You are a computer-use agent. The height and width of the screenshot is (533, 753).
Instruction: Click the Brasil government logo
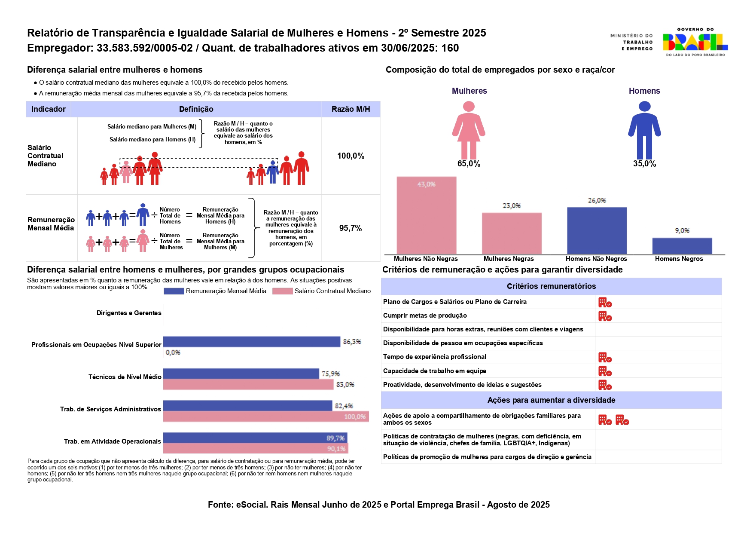click(695, 42)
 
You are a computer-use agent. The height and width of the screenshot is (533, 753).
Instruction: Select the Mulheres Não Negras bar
click(426, 215)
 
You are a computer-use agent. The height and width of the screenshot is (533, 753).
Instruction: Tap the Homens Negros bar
click(682, 246)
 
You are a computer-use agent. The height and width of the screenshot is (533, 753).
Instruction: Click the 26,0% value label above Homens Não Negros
click(597, 201)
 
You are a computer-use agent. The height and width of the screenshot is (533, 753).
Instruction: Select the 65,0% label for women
click(469, 164)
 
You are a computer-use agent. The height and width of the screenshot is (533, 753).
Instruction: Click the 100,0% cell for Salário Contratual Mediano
click(351, 156)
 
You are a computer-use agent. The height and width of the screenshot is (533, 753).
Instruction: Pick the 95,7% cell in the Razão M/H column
click(351, 228)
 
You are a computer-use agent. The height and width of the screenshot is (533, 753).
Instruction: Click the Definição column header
click(196, 109)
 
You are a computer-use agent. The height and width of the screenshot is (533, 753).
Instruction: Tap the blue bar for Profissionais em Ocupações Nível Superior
click(251, 342)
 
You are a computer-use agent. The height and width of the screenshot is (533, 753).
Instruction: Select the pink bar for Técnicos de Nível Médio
click(248, 385)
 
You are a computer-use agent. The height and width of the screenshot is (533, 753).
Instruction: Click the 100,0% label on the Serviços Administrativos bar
click(355, 417)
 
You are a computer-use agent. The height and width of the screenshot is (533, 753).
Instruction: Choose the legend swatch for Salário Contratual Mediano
click(282, 291)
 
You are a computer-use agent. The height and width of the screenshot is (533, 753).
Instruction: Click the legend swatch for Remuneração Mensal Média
click(174, 291)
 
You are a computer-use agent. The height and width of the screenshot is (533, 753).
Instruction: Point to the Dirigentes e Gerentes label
click(129, 313)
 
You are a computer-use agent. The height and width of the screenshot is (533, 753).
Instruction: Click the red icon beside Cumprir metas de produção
click(605, 316)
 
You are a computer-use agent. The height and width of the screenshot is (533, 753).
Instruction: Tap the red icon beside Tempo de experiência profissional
click(605, 358)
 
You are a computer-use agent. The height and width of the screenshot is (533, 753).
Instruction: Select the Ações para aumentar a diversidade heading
click(551, 400)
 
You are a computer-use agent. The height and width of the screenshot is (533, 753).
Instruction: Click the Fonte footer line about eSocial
click(378, 505)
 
